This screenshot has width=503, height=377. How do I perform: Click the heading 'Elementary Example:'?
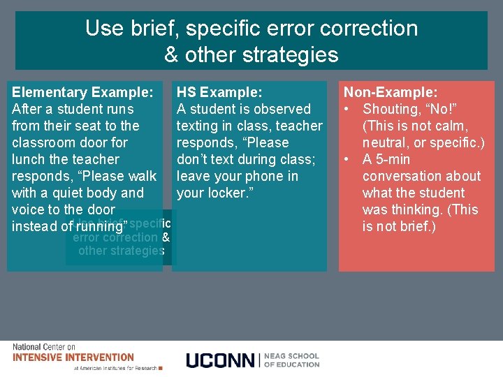pos(82,92)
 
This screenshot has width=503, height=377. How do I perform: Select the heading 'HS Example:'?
pos(219,92)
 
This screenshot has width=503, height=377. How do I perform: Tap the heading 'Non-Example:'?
pos(391,92)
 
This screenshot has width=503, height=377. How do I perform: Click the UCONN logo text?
pos(221,360)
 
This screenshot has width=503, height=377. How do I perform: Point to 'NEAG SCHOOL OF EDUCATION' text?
pos(292,360)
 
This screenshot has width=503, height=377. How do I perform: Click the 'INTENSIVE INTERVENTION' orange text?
pos(73,357)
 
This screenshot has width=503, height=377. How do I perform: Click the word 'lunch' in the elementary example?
pos(30,159)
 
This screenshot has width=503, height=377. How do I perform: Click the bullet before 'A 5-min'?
pos(347,159)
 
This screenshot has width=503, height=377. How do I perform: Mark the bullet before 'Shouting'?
pos(347,109)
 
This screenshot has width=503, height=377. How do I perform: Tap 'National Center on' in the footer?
pos(44,347)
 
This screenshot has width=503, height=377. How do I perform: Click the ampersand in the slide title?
pos(172,54)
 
